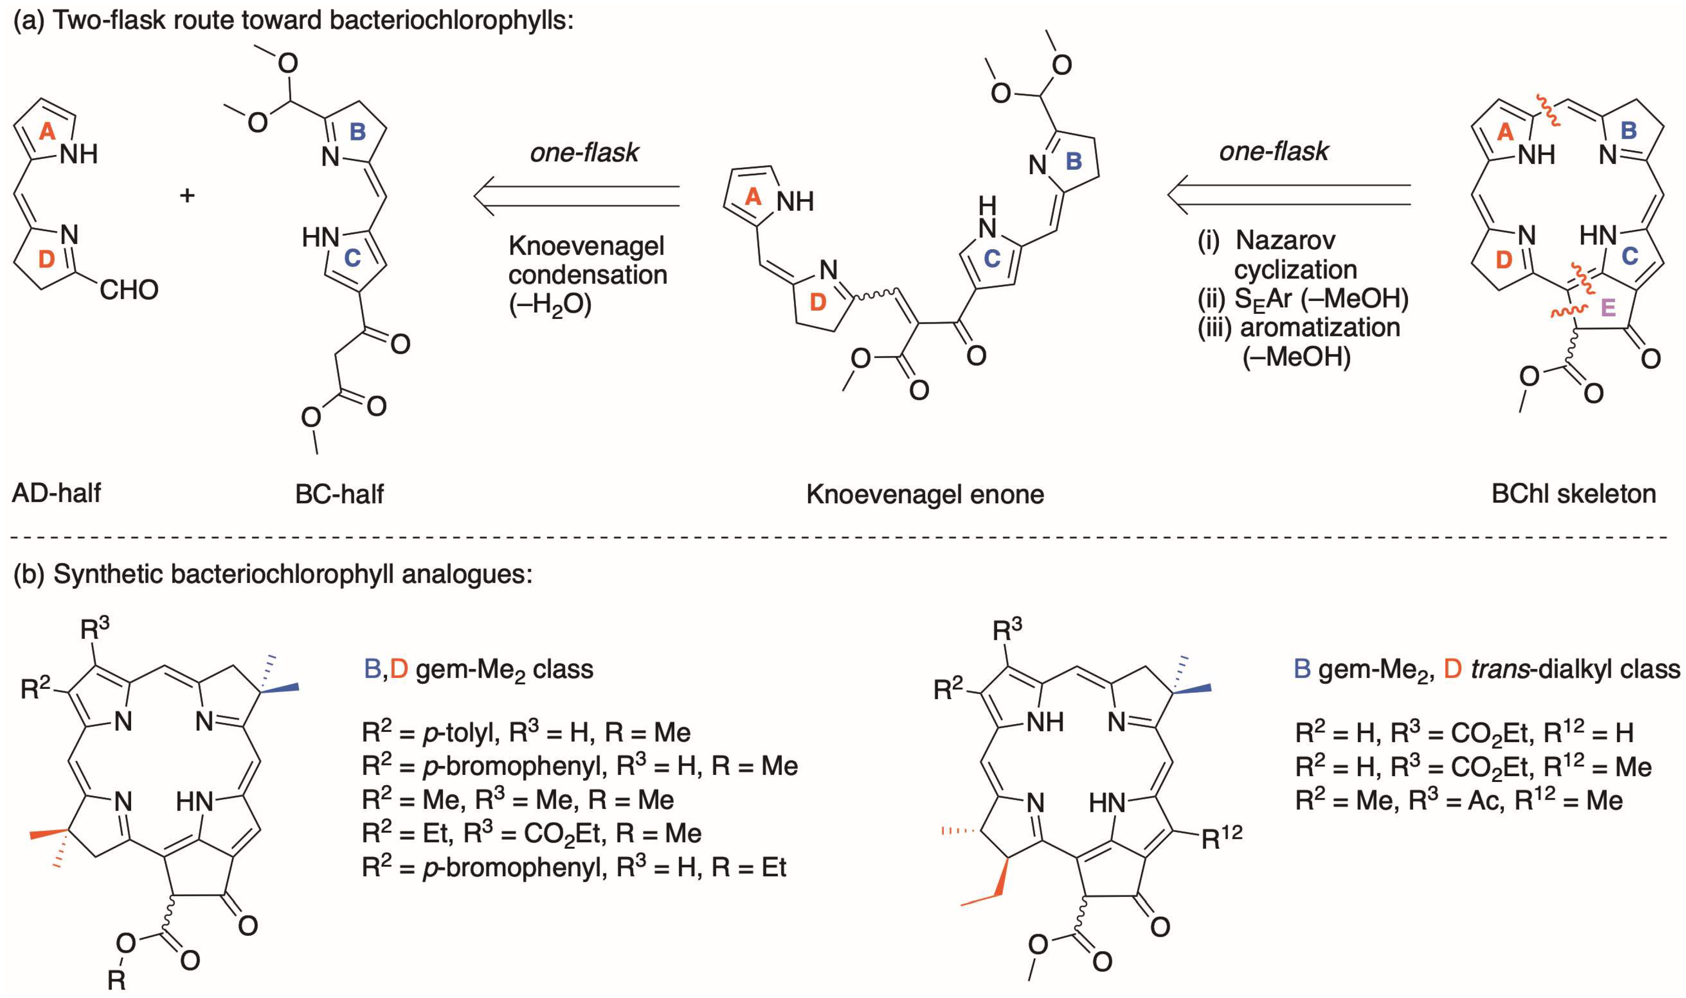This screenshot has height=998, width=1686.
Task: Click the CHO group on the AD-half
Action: click(129, 290)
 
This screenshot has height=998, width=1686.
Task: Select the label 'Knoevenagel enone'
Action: click(925, 494)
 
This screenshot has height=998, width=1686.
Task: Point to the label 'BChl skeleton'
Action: click(1573, 493)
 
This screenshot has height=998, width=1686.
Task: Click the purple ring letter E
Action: click(1607, 308)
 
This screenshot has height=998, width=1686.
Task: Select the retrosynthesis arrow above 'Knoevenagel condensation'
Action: click(576, 196)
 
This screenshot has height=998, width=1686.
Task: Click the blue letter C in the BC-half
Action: click(353, 258)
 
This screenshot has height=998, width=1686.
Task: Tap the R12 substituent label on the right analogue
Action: click(1221, 837)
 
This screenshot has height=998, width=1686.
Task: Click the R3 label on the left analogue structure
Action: click(94, 629)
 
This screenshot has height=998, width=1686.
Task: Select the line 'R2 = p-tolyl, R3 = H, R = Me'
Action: click(525, 732)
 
